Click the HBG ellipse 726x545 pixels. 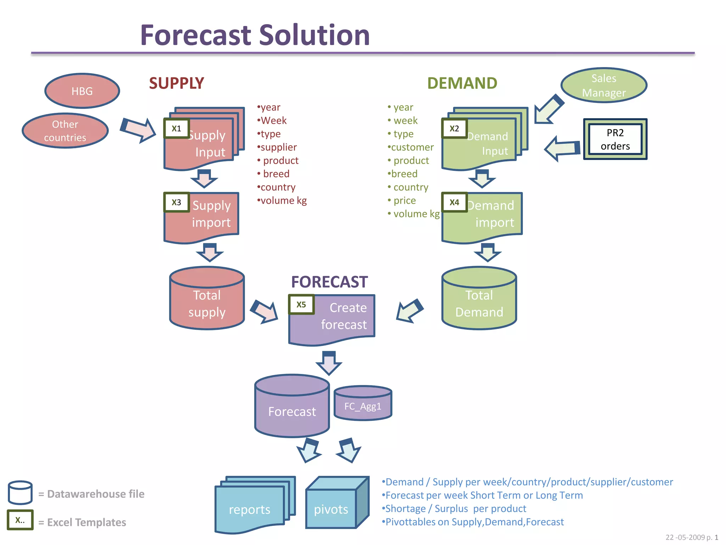(82, 91)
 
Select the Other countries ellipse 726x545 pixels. (65, 131)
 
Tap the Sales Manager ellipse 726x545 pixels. (604, 86)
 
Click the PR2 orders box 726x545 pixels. (615, 139)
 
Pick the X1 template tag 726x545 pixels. (176, 128)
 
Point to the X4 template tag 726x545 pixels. (454, 202)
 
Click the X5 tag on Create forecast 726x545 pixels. (301, 304)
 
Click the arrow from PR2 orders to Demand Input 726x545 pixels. (562, 148)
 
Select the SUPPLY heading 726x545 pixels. (176, 83)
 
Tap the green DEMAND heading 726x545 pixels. (462, 83)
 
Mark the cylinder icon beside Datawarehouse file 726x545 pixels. (20, 492)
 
